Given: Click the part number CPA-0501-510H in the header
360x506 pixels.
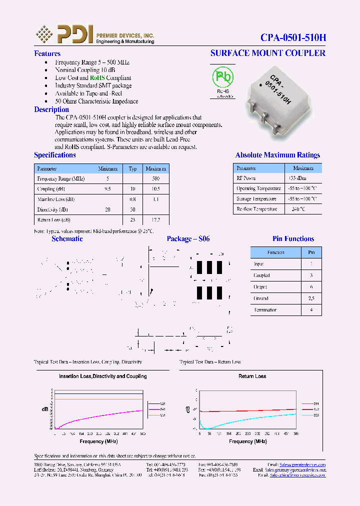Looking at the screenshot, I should tap(293, 37).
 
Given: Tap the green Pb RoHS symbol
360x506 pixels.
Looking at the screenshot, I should tap(223, 77).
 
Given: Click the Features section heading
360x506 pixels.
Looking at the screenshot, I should tap(47, 53).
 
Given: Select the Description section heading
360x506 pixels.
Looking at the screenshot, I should tap(51, 109).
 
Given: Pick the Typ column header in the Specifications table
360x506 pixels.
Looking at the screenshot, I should tap(132, 169).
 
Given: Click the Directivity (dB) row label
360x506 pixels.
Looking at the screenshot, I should tap(52, 209).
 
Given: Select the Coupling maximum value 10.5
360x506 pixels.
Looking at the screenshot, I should tap(155, 189).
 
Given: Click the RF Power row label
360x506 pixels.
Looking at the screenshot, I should tap(246, 178).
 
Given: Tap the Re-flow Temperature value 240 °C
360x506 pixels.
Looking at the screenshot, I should tap(298, 209).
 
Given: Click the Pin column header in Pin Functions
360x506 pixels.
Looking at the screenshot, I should tap(311, 252).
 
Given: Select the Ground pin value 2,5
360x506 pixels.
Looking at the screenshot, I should tap(311, 298).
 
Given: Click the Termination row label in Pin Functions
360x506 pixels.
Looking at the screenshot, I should tap(265, 310).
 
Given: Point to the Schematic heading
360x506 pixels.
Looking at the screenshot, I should tap(67, 239).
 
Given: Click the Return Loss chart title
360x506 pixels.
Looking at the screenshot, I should tap(252, 376).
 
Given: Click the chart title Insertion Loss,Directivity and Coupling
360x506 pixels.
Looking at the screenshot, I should tap(102, 376).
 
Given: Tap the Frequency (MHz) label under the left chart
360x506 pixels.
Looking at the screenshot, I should tap(98, 441).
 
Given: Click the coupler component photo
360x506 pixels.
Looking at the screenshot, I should tap(270, 100).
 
